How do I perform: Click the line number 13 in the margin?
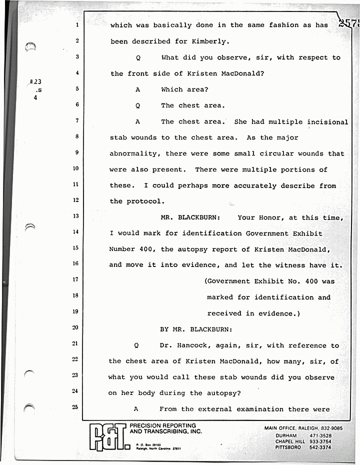click(75, 216)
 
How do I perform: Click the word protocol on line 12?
click(144, 201)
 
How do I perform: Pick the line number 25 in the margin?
click(75, 407)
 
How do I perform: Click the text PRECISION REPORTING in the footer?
click(162, 426)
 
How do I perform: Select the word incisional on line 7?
click(327, 122)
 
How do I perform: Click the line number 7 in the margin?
click(77, 120)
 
